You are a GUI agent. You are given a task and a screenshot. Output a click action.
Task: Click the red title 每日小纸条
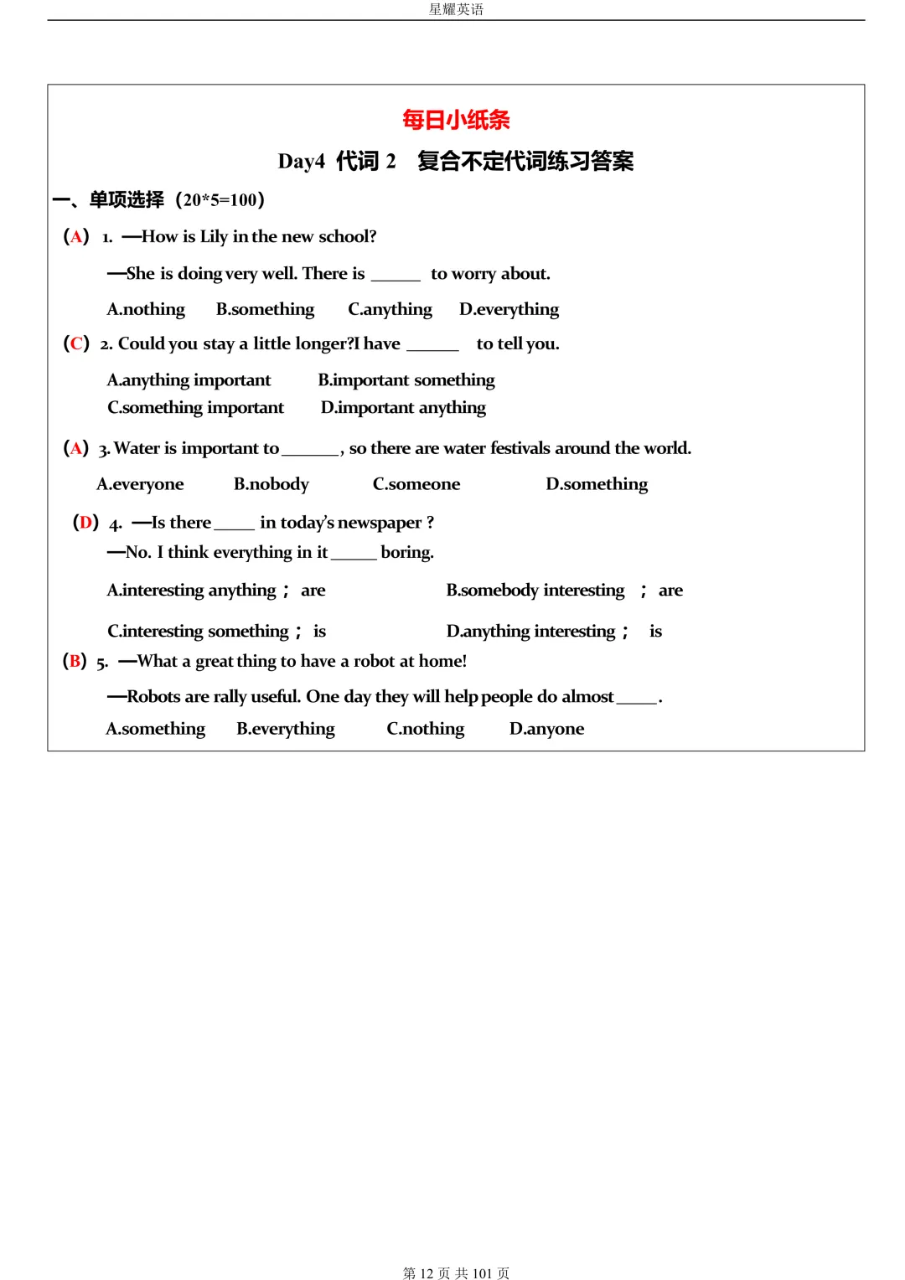click(456, 120)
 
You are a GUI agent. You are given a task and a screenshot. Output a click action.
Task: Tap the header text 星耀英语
click(456, 9)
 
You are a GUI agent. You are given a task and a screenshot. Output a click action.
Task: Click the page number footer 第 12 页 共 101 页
click(456, 1272)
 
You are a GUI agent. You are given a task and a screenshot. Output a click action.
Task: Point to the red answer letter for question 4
click(85, 523)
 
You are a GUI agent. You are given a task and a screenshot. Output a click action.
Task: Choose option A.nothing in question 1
click(146, 309)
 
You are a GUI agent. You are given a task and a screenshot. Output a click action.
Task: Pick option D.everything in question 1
click(509, 309)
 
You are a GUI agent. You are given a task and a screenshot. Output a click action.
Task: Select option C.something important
click(195, 407)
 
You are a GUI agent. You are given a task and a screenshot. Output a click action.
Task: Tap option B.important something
click(406, 380)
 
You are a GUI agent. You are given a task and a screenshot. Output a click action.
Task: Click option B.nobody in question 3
click(271, 484)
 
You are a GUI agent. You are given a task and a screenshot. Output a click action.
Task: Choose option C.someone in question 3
click(416, 484)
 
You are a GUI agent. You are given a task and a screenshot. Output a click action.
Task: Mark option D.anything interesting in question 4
click(531, 631)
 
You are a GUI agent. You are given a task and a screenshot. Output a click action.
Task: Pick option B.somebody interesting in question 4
click(535, 591)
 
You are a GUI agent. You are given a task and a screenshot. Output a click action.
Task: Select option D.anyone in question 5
click(546, 729)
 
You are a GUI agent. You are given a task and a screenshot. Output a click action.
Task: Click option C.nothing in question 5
click(425, 729)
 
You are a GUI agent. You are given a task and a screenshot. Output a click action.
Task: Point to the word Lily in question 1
click(214, 237)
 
